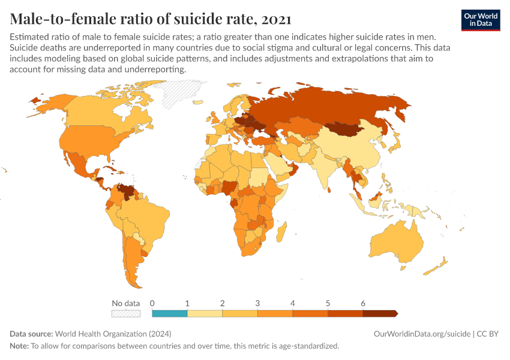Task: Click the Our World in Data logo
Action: tap(480, 19)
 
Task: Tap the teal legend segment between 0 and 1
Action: tap(170, 313)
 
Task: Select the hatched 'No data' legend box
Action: tap(126, 313)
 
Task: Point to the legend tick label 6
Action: tap(363, 303)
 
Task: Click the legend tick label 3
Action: tap(257, 303)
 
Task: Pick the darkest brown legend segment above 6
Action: tap(380, 313)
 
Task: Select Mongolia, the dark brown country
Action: tap(349, 128)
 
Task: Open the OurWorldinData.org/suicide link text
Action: tap(421, 334)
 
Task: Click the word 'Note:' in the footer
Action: tap(20, 346)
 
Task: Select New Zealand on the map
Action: tap(442, 265)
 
